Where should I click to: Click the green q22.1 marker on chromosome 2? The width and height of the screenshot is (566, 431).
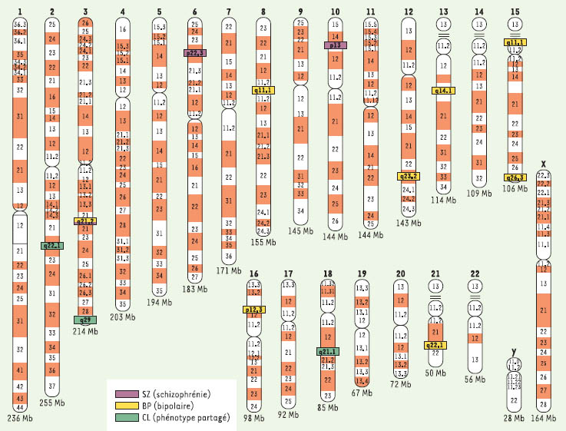(52, 246)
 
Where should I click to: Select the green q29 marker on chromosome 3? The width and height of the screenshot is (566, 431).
(85, 319)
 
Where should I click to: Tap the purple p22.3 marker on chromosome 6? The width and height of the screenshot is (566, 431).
(195, 53)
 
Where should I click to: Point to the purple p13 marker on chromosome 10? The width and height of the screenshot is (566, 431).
(336, 45)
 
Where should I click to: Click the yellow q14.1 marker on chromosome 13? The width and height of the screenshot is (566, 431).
(444, 91)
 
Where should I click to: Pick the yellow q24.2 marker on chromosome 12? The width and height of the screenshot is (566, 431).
(409, 176)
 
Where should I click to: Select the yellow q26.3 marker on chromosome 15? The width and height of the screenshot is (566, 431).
(515, 178)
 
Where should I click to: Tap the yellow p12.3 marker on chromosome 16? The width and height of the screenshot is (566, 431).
(254, 309)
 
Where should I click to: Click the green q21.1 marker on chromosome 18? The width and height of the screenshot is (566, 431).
(328, 351)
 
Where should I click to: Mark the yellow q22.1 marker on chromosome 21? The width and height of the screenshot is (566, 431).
(435, 345)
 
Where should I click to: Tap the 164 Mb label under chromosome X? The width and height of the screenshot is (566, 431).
(544, 418)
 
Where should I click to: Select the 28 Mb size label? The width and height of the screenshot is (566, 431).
(513, 418)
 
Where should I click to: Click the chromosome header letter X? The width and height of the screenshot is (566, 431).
(544, 164)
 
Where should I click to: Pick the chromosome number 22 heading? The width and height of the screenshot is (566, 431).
(475, 273)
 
